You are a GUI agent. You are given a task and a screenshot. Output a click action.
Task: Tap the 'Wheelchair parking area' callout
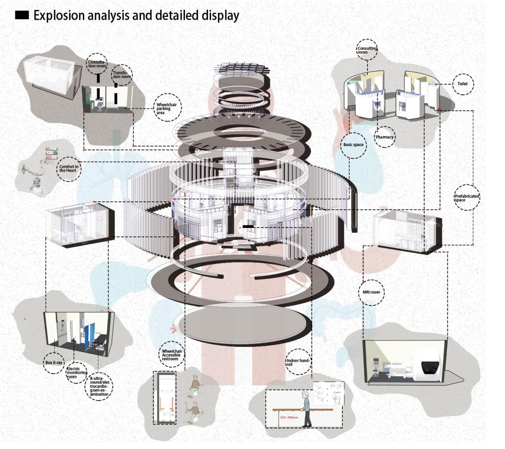pos(168,108)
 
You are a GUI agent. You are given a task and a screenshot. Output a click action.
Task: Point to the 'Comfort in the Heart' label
pos(69,168)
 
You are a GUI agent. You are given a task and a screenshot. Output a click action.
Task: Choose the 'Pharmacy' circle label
pos(384,137)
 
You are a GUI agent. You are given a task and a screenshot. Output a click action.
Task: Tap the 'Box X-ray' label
pos(54,362)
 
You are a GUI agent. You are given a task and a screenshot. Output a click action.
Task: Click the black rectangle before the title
pos(22,15)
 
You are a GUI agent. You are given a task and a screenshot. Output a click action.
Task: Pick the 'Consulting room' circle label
pos(366,50)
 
